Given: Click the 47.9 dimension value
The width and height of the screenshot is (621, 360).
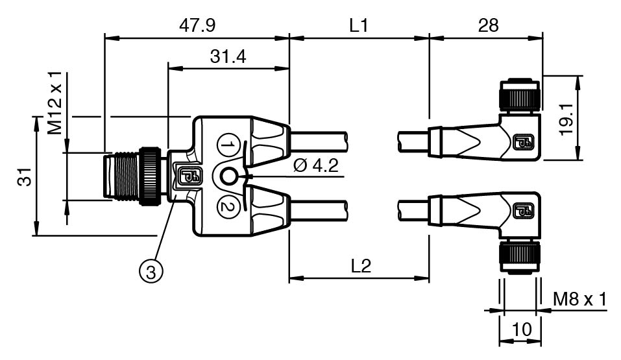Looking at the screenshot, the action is (x=197, y=26).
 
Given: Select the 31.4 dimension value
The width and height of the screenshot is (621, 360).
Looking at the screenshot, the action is (x=228, y=56).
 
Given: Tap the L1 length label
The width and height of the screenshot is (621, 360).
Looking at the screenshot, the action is (x=359, y=26).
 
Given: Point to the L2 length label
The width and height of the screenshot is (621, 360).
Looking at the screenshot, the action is (x=361, y=266).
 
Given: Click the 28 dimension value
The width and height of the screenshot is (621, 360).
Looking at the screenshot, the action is (x=488, y=26).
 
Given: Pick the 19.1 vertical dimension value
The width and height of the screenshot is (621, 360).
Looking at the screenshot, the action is (x=566, y=119).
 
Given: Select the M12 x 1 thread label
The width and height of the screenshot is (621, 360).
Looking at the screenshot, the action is (x=55, y=103).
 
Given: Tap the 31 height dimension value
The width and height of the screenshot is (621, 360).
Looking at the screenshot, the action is (x=25, y=176).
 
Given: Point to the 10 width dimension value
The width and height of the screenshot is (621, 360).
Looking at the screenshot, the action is (x=522, y=329).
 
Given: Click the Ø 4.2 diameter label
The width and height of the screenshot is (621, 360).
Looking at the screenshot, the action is (x=316, y=165).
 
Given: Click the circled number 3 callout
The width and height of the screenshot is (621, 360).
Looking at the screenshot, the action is (x=151, y=272).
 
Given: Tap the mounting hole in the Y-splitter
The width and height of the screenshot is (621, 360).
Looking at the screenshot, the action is (x=228, y=176).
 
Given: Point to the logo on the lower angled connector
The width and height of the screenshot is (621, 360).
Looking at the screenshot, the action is (x=523, y=211).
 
